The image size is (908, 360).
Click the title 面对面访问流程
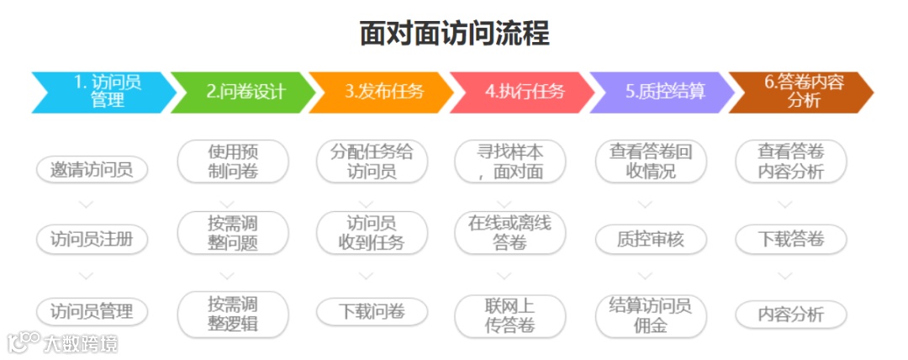click(x=454, y=34)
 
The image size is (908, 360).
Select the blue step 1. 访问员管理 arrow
click(x=104, y=92)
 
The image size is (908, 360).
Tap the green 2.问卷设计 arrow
click(x=244, y=92)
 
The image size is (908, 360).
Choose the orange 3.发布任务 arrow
click(x=383, y=92)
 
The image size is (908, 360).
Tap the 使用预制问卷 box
click(x=232, y=161)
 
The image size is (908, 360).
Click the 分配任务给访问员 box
click(x=372, y=161)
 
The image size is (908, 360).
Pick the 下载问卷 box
click(x=372, y=311)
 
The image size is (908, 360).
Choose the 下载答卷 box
click(x=790, y=239)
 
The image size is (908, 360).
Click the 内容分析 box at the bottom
click(x=790, y=315)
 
